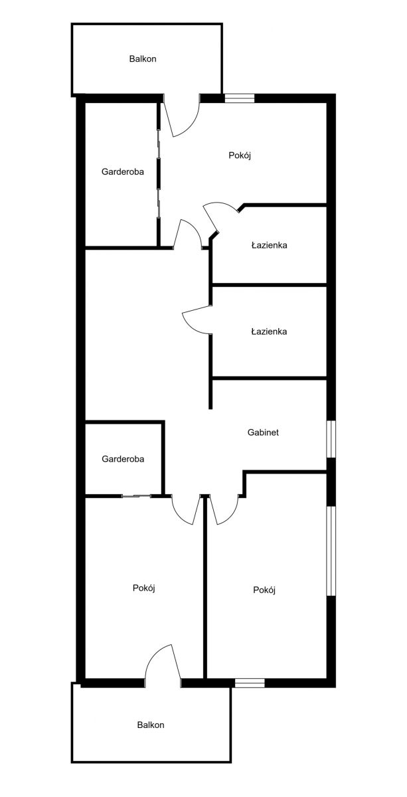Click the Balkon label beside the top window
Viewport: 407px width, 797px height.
[x=143, y=58]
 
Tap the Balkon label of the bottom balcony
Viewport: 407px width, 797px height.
[x=151, y=725]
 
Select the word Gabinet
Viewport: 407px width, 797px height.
[x=263, y=432]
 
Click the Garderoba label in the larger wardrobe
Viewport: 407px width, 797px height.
[x=123, y=171]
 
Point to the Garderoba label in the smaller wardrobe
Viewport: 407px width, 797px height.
[x=123, y=459]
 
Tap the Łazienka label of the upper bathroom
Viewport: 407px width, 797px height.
[x=270, y=245]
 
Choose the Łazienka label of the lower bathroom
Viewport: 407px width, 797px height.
[x=270, y=331]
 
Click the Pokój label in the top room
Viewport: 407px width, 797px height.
[x=240, y=155]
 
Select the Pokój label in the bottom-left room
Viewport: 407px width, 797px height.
[x=144, y=588]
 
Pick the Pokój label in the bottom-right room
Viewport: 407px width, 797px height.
[x=264, y=590]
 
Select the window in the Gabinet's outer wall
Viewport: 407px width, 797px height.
[x=331, y=440]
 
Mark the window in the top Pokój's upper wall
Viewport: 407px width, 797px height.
[x=240, y=98]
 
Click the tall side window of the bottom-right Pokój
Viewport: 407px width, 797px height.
[x=331, y=551]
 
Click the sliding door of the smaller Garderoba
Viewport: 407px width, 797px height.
[x=137, y=495]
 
